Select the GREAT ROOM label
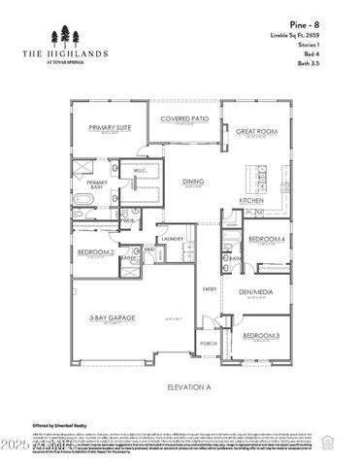tap(256, 130)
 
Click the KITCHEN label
tap(251, 201)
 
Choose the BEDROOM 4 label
tap(266, 239)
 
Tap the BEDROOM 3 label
tap(262, 336)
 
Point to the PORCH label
tap(209, 343)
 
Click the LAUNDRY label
tap(173, 238)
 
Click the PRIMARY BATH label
tap(96, 185)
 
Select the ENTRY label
tap(209, 289)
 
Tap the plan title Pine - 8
tap(329, 21)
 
